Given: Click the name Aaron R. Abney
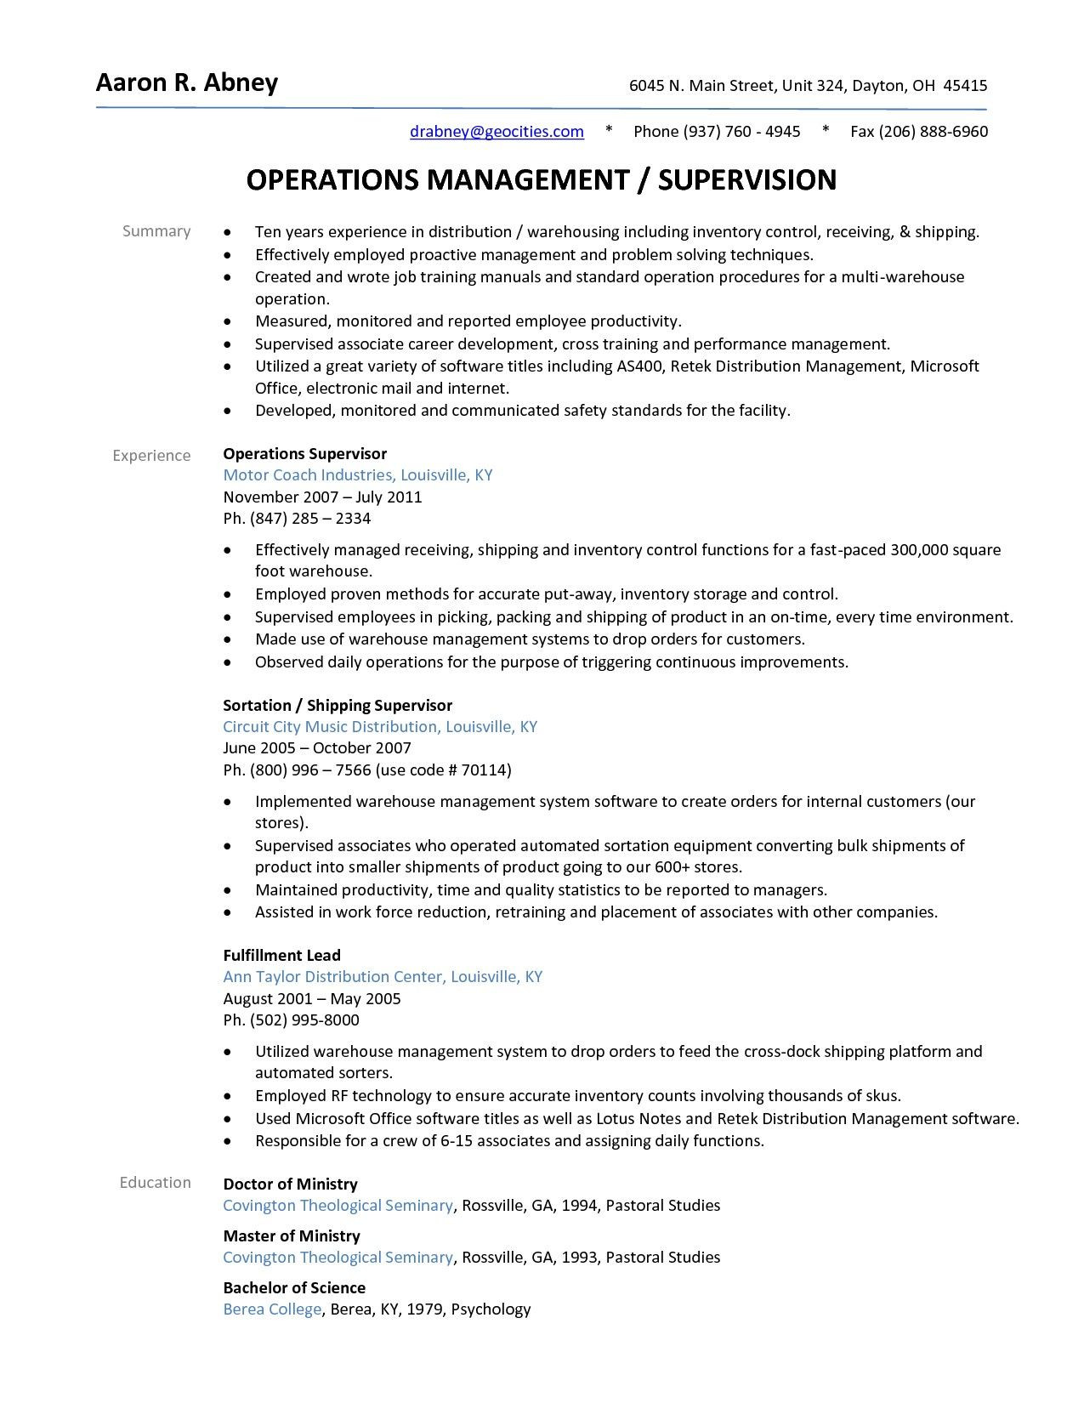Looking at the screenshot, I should point(187,83).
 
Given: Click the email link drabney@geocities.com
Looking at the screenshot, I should point(497,131).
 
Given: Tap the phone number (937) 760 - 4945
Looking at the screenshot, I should point(741,131).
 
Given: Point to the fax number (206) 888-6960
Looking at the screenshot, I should point(933,131).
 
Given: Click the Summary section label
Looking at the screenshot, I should point(156,231).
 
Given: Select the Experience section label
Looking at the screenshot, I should point(151,456).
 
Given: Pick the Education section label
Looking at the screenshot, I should point(155,1183).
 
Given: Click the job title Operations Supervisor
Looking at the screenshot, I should point(304,454).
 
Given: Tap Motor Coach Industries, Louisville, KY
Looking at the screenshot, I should point(357,475).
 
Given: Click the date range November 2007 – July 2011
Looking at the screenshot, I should point(322,497).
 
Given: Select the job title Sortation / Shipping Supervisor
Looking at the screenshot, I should point(337,705).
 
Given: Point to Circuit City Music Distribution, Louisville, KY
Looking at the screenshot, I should point(379,727).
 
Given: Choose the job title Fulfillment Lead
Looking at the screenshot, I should point(281,955).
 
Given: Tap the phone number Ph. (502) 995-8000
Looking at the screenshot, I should point(291,1020).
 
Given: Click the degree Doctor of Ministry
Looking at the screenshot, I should point(290,1184).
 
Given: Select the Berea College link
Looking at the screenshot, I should point(272,1309).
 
